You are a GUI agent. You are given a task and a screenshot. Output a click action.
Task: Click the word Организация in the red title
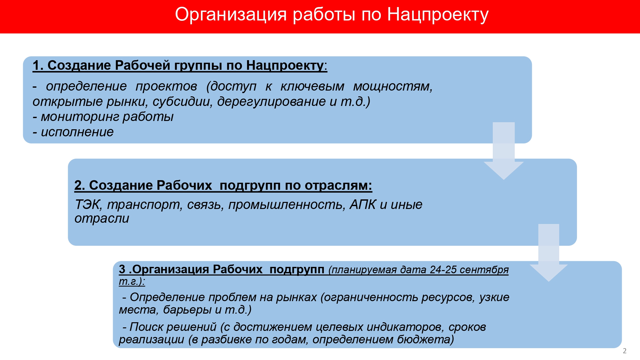click(231, 15)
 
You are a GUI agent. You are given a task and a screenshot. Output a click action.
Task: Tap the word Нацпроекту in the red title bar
click(438, 15)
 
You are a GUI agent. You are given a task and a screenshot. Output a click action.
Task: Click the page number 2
click(625, 351)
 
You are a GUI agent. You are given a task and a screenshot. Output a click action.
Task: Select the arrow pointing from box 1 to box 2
click(504, 151)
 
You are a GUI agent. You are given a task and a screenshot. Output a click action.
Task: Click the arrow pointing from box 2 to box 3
click(548, 253)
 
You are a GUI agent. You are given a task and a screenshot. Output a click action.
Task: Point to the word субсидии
click(182, 101)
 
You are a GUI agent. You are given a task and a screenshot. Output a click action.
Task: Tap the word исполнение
click(77, 132)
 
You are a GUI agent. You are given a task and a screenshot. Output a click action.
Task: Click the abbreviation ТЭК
click(88, 205)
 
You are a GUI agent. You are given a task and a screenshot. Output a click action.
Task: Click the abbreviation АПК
click(363, 205)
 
